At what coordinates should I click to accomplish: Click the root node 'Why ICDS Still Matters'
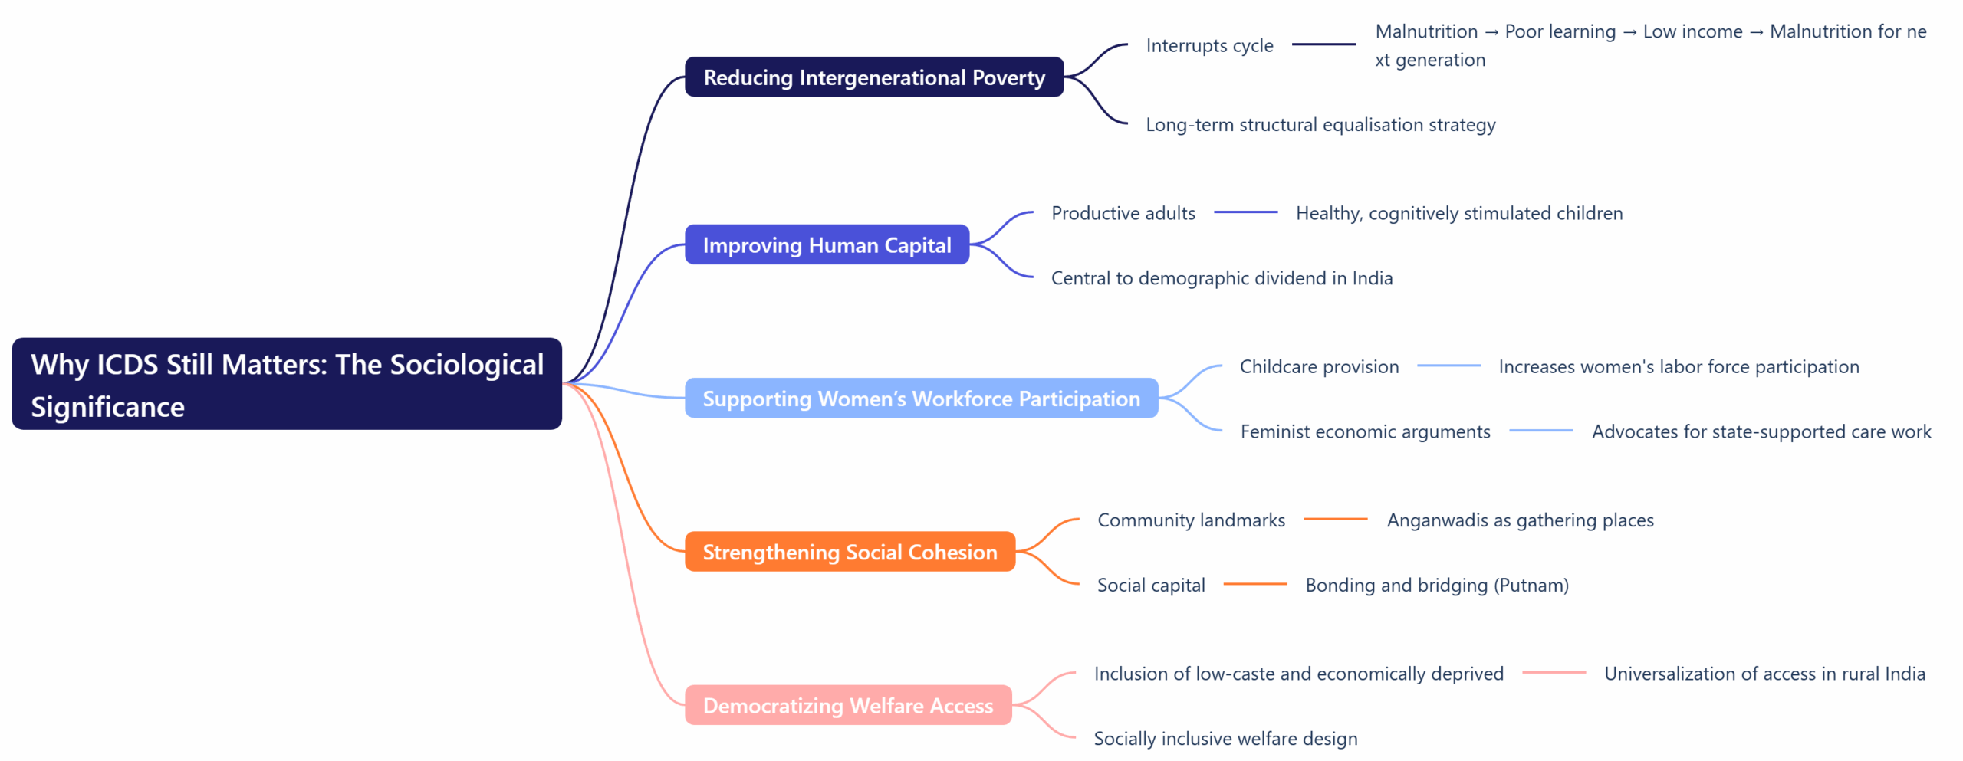(287, 384)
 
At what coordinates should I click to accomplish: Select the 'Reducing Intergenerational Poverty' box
(873, 77)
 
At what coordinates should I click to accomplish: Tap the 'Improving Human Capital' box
(827, 245)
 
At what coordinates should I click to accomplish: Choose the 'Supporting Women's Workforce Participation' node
(921, 399)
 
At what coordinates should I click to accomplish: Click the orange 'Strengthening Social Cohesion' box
(850, 552)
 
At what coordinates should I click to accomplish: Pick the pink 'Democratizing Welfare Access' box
(847, 705)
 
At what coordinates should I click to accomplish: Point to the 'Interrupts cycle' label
(1209, 46)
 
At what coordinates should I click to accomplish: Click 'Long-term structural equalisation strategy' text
(1320, 125)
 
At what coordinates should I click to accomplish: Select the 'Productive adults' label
(1123, 213)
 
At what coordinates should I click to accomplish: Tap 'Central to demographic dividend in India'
(1222, 278)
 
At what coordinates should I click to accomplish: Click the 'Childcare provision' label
(1319, 366)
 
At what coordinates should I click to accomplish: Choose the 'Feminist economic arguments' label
(1365, 431)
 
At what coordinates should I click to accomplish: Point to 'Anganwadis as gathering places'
(1520, 520)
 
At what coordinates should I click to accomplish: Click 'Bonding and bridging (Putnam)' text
(1436, 586)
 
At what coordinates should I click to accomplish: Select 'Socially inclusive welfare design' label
(1225, 739)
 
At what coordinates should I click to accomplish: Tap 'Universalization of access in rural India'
(1764, 674)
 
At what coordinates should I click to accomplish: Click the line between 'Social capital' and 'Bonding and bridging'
(1255, 585)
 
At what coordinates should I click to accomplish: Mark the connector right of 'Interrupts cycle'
(1323, 44)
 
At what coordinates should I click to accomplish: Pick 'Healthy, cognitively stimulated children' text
(1458, 213)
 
